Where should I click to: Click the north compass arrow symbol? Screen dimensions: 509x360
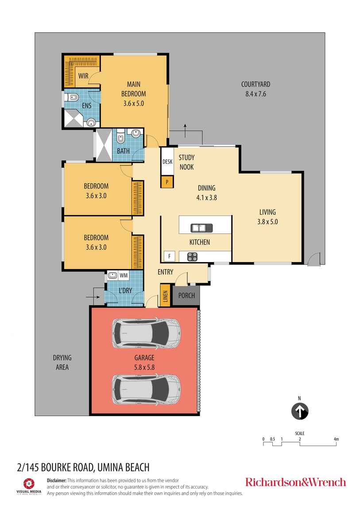299,412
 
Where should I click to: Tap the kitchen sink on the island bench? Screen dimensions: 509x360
201,228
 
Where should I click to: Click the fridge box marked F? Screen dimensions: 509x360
168,255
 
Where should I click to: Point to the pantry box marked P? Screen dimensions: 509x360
167,181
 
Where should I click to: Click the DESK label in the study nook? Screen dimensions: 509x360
167,162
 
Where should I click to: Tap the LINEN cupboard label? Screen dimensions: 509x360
165,296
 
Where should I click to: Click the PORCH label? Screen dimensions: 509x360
186,295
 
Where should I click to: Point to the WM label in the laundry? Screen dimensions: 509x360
124,276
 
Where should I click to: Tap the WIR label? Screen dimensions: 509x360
83,76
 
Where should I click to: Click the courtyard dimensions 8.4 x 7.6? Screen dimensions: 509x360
255,94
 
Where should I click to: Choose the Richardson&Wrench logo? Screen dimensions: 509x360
295,482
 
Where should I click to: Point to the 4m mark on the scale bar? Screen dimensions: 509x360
336,439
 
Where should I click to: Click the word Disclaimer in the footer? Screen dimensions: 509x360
56,480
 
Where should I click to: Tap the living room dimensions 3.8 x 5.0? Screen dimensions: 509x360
267,222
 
